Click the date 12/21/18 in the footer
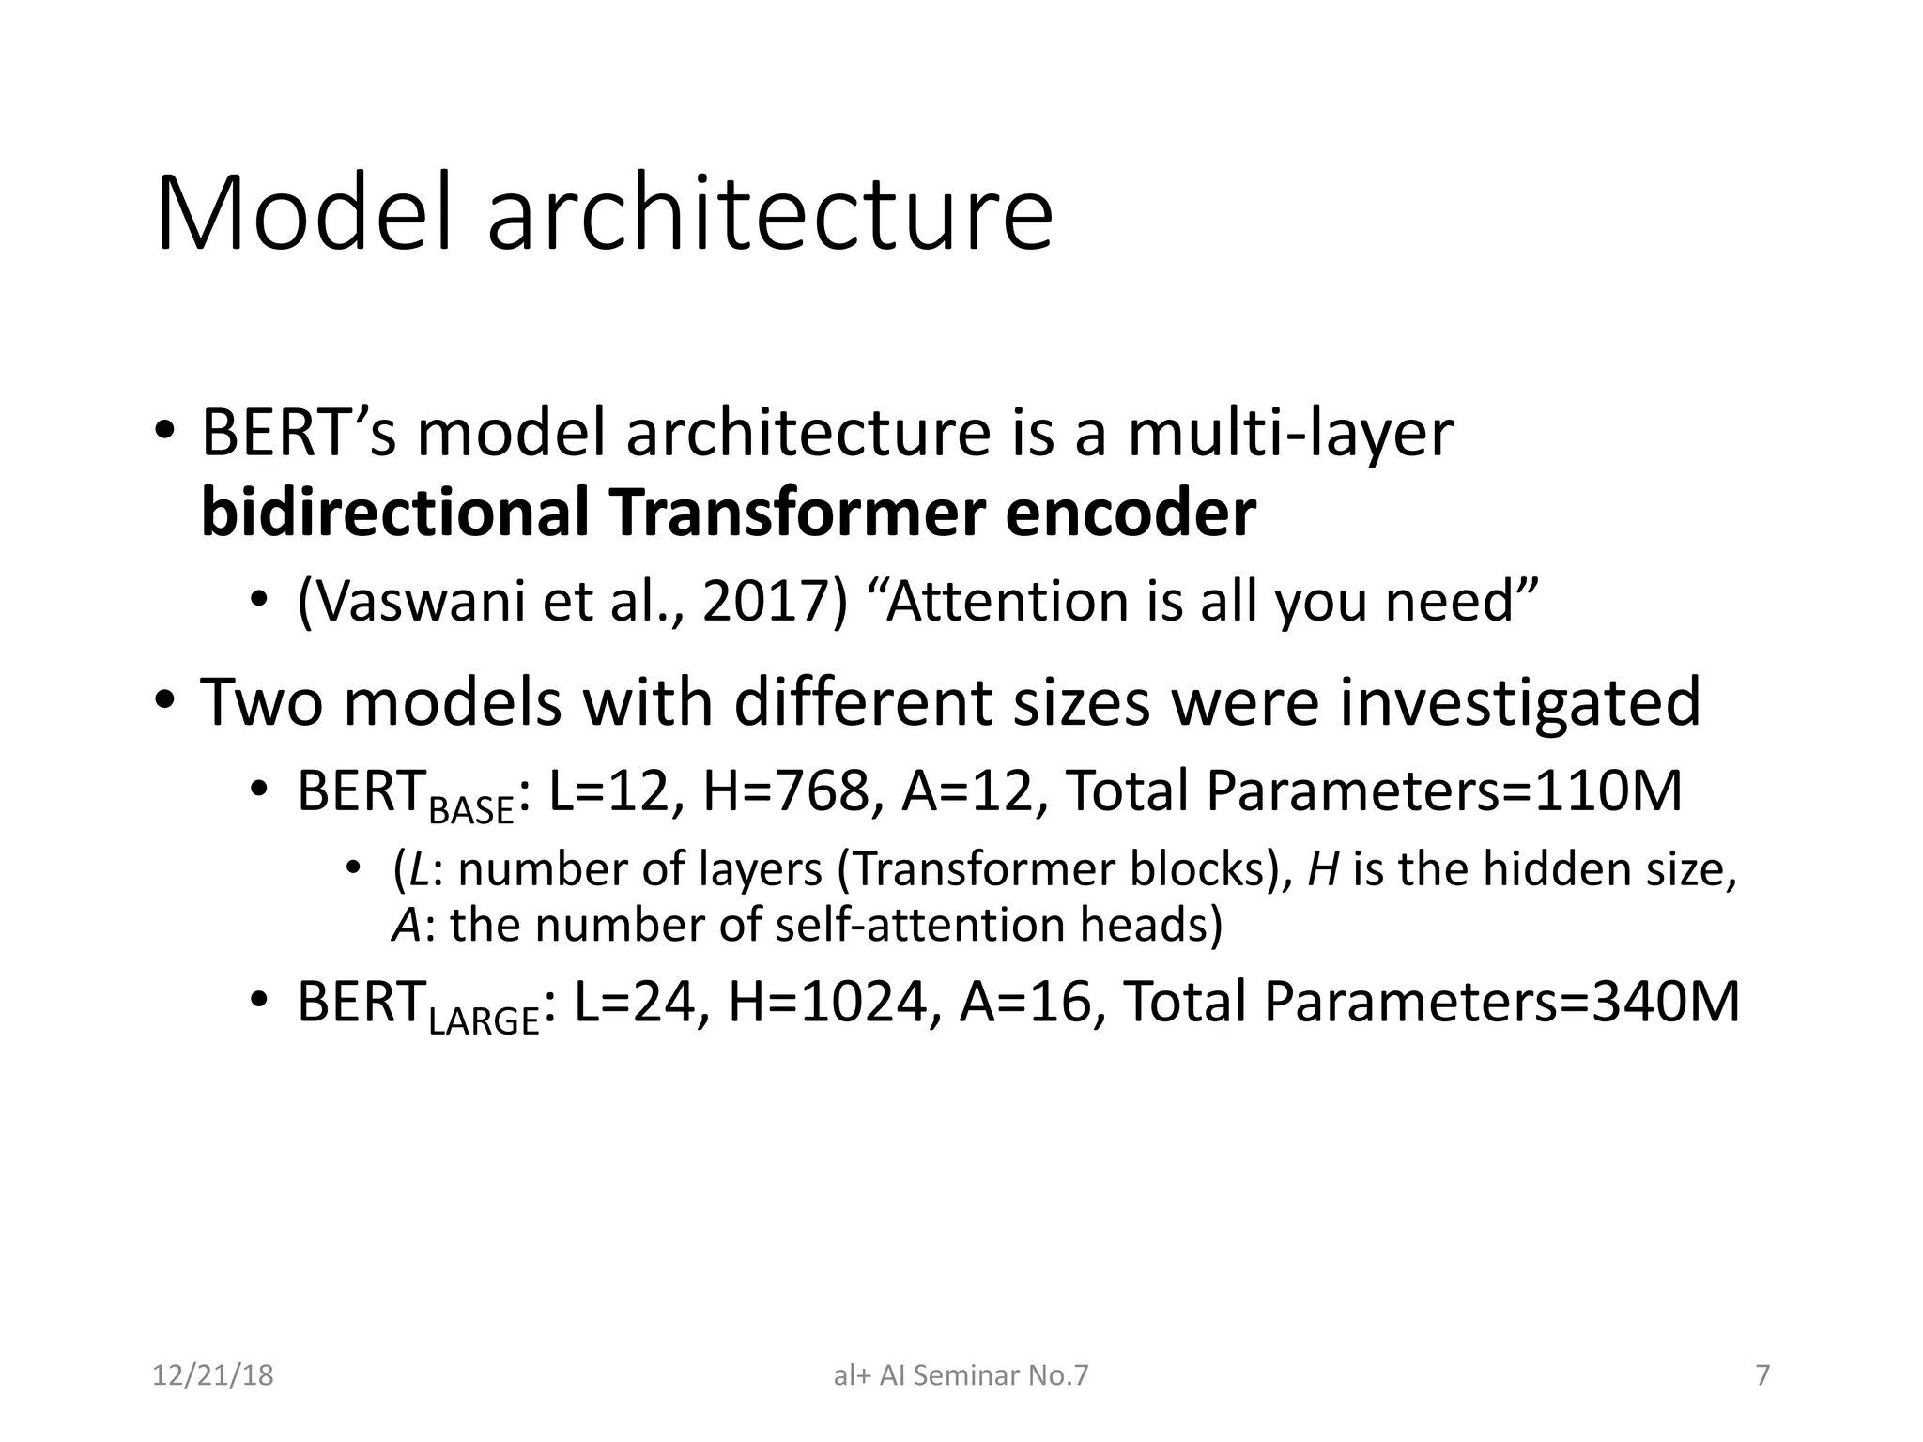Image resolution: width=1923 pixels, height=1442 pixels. pos(212,1375)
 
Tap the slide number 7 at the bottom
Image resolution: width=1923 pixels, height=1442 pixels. pos(1762,1375)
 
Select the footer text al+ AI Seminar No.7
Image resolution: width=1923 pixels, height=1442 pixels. pos(961,1375)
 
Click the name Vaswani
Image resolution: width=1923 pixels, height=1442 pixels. pos(412,601)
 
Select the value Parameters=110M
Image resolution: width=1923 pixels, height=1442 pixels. pos(1443,790)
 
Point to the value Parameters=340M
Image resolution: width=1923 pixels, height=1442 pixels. pos(1501,1001)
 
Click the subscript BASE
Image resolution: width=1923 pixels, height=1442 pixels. pos(471,810)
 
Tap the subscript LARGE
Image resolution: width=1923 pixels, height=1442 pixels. pos(484,1020)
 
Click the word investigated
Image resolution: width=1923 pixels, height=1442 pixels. pos(1519,702)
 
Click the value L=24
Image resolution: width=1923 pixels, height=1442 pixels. pos(635,1001)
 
